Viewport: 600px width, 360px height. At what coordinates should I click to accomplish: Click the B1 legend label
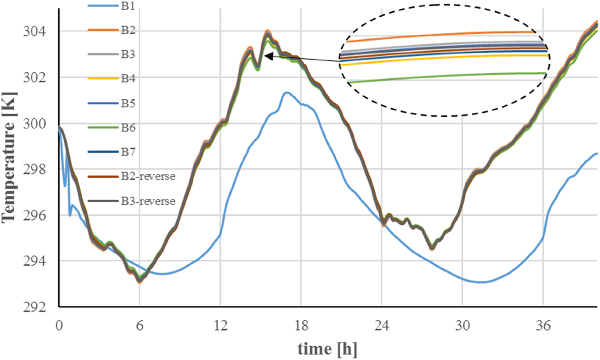tap(130, 7)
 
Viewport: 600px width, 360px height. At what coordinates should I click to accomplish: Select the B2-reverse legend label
tap(147, 177)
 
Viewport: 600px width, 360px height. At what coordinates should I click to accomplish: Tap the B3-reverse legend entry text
tap(147, 201)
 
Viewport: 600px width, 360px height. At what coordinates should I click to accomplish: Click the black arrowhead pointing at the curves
tap(267, 56)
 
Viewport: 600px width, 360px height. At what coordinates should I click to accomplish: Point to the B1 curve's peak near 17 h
tap(286, 93)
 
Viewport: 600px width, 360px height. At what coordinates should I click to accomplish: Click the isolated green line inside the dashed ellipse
tap(447, 76)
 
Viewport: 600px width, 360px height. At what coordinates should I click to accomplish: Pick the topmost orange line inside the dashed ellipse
tap(442, 34)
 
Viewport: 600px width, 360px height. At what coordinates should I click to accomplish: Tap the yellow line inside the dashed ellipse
tap(447, 58)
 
